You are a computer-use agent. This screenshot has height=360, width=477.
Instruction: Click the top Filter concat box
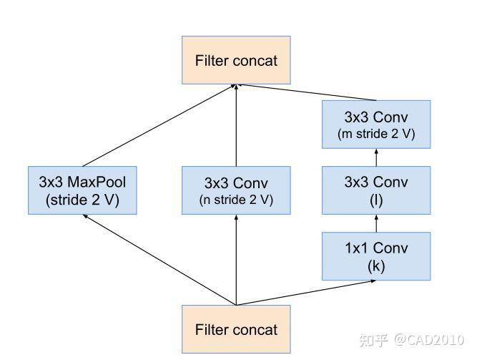(236, 59)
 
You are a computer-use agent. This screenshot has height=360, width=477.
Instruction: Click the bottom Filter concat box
(236, 329)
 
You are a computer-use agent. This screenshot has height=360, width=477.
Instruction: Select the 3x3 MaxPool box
(82, 190)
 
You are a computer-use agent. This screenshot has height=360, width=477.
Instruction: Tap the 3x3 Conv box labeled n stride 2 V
(236, 190)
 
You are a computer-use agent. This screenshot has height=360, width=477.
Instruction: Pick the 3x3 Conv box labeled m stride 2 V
(376, 124)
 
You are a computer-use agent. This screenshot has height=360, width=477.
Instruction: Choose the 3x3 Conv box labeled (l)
(376, 190)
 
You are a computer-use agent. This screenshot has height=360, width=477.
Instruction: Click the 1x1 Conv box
(376, 256)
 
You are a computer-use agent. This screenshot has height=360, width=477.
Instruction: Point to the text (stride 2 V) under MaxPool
(82, 200)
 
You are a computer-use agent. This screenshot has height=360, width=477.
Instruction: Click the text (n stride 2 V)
(236, 200)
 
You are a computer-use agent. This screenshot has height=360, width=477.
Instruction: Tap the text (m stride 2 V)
(376, 133)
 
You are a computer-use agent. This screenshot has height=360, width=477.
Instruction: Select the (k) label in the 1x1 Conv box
(376, 266)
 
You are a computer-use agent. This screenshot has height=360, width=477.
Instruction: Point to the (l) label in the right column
(376, 200)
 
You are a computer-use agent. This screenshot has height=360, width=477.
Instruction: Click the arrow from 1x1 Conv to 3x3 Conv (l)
(376, 223)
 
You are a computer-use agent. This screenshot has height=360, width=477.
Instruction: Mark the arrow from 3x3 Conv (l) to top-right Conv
(376, 157)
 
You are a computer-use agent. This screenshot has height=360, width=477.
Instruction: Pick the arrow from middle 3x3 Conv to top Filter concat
(236, 125)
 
